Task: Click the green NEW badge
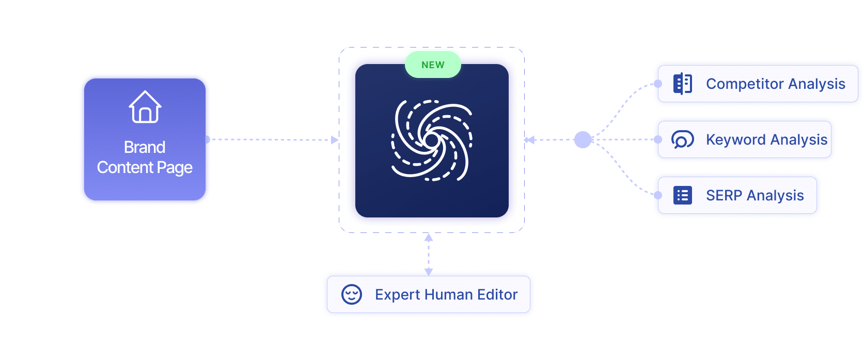point(433,65)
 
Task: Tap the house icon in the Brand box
point(145,107)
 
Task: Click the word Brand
point(145,147)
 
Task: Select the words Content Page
point(145,168)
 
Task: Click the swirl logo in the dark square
point(432,140)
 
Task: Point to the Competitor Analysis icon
point(683,84)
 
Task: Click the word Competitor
point(745,84)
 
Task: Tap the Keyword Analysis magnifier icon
point(682,139)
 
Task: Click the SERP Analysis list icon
point(683,195)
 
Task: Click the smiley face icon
point(352,294)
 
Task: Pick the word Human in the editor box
point(449,294)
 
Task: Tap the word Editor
point(497,294)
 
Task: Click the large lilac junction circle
point(583,139)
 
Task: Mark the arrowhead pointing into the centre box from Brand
point(335,139)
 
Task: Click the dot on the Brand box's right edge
point(207,139)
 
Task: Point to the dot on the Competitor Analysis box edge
point(657,84)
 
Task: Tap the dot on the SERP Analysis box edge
point(657,195)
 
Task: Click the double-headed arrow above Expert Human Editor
point(429,254)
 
